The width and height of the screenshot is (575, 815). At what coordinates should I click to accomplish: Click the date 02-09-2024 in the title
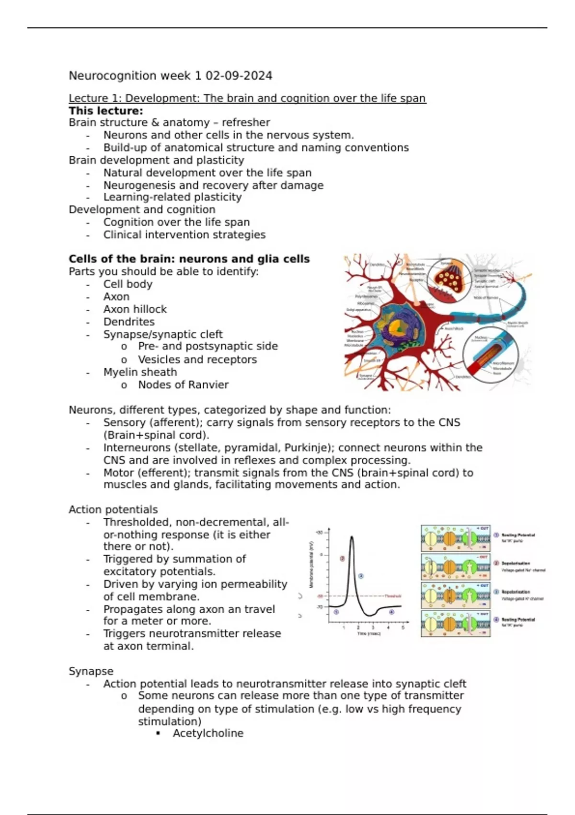(x=239, y=76)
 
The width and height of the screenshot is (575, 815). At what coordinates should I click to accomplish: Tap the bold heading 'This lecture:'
(x=106, y=111)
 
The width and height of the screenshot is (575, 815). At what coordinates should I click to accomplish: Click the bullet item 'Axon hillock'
(x=135, y=309)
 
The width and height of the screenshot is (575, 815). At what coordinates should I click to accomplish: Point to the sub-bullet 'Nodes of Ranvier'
(x=183, y=384)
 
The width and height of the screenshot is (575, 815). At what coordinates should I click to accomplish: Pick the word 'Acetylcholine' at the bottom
(x=208, y=733)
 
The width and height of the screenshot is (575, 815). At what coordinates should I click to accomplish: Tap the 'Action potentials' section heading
(x=113, y=509)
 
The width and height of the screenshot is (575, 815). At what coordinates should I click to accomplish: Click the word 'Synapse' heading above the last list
(x=91, y=671)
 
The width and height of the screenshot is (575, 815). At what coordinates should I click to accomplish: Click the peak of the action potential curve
(x=352, y=537)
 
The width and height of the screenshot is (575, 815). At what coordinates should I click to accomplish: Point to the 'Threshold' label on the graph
(x=392, y=596)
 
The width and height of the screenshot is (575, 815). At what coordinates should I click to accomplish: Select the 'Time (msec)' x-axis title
(x=369, y=634)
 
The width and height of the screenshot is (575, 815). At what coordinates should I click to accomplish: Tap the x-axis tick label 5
(x=403, y=627)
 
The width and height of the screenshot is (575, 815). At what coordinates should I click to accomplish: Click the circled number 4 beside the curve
(x=391, y=612)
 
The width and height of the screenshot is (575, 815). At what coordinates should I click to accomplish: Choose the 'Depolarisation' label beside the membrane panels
(x=516, y=563)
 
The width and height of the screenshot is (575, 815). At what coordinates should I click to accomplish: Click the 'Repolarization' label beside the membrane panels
(x=516, y=592)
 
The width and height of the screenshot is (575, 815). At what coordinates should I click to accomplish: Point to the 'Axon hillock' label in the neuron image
(x=453, y=329)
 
